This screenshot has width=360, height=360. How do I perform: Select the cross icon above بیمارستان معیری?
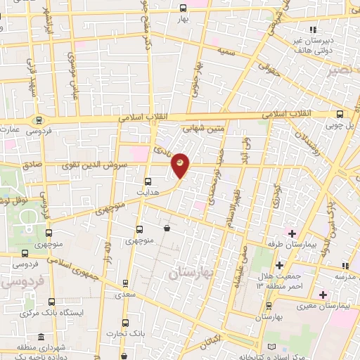tap(323, 293)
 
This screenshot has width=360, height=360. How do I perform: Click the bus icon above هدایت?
tap(147, 181)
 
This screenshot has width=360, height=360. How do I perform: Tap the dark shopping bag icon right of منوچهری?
tap(167, 228)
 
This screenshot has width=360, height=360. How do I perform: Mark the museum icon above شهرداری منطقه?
tap(41, 336)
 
